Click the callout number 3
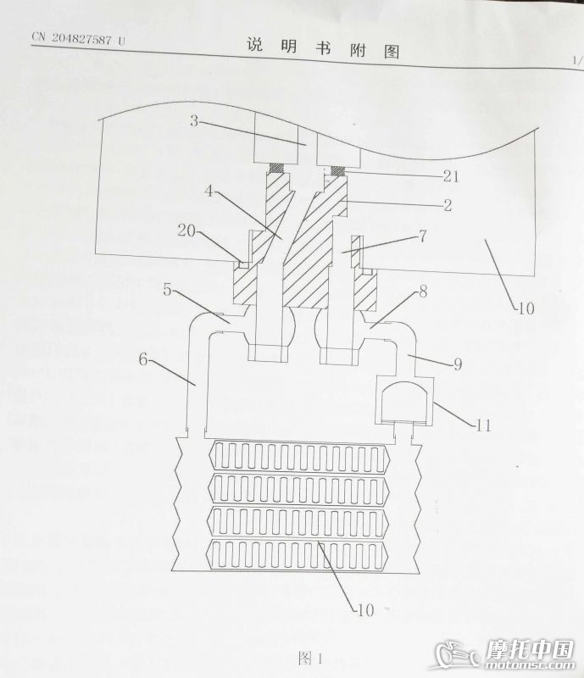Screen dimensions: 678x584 tap(194, 121)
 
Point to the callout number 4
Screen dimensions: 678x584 tap(209, 192)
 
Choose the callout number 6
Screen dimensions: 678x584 tap(144, 359)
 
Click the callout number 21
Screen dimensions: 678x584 tap(451, 176)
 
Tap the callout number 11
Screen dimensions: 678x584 tap(483, 426)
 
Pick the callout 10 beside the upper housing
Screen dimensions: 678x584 tap(526, 308)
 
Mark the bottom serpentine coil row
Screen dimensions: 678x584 tap(302, 554)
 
